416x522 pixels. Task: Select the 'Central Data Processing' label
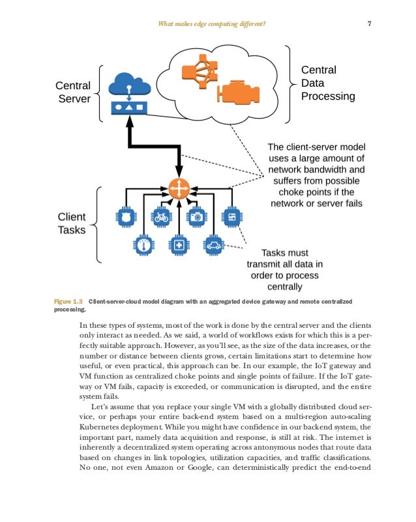click(327, 83)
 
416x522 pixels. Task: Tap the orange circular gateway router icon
click(178, 188)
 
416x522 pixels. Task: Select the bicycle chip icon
click(160, 216)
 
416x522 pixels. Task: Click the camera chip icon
click(196, 216)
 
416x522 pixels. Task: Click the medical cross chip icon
click(177, 246)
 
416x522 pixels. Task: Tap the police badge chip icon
click(125, 216)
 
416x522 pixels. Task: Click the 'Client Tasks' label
click(72, 223)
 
